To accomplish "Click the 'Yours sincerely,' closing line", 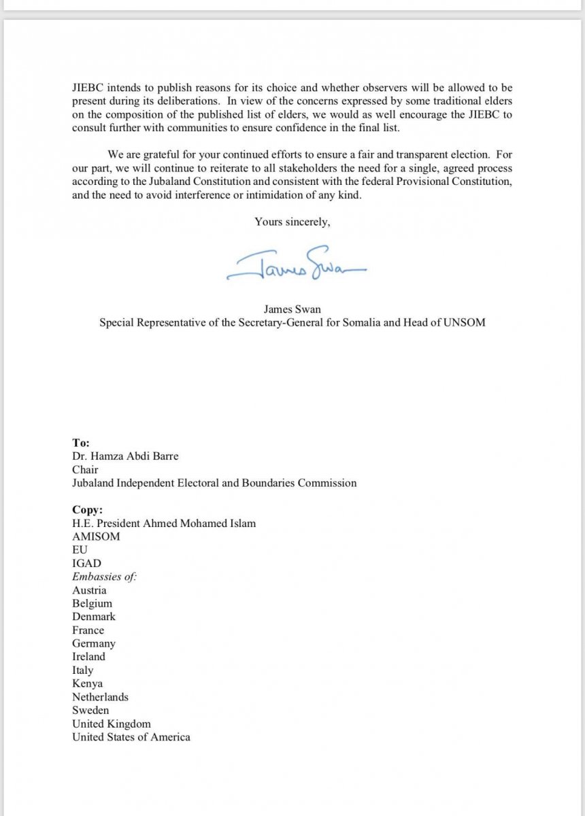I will coord(292,221).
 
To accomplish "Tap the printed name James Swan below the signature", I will coord(292,309).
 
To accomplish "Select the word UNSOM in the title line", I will coord(462,322).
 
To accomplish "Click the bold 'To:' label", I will coord(80,443).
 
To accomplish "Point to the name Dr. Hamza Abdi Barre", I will coord(125,456).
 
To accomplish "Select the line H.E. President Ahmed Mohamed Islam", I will coord(164,523).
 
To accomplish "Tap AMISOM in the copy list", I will coord(96,537).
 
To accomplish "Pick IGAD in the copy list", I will coord(86,563).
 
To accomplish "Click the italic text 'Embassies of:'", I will coord(104,577).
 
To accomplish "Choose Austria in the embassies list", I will coord(89,590).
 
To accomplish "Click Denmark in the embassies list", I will coord(94,617).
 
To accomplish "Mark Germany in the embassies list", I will coord(94,643).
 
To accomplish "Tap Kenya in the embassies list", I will coord(87,683).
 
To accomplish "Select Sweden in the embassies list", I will coord(90,710).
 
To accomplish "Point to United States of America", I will coord(131,737).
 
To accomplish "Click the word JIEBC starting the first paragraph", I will coord(87,88).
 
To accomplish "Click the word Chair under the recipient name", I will coord(85,470).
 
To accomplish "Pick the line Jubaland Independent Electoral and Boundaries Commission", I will coord(214,483).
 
